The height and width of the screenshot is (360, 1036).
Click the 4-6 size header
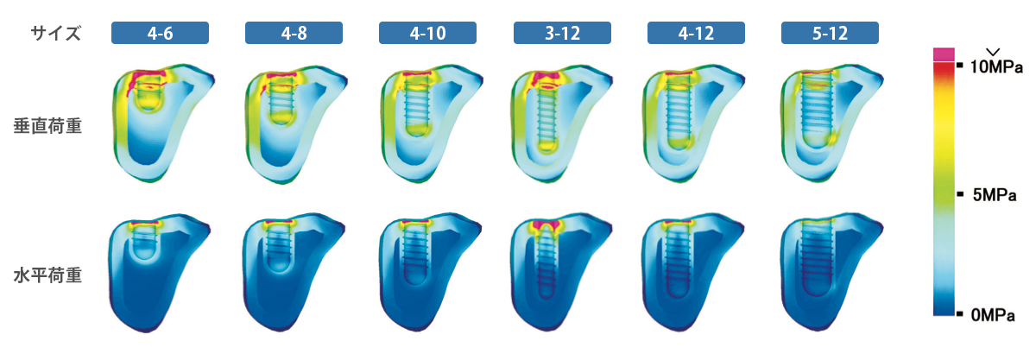click(160, 33)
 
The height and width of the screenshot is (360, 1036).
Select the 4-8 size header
click(294, 33)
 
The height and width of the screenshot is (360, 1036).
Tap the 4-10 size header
click(427, 33)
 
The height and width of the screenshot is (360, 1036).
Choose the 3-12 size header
click(562, 33)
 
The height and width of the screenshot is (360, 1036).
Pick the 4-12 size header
click(696, 33)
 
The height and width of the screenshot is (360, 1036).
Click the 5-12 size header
click(830, 33)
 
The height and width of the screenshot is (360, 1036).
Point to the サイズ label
click(55, 34)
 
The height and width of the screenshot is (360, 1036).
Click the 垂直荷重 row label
click(47, 126)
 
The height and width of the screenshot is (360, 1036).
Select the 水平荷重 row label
click(47, 275)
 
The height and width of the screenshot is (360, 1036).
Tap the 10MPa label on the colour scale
click(995, 66)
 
